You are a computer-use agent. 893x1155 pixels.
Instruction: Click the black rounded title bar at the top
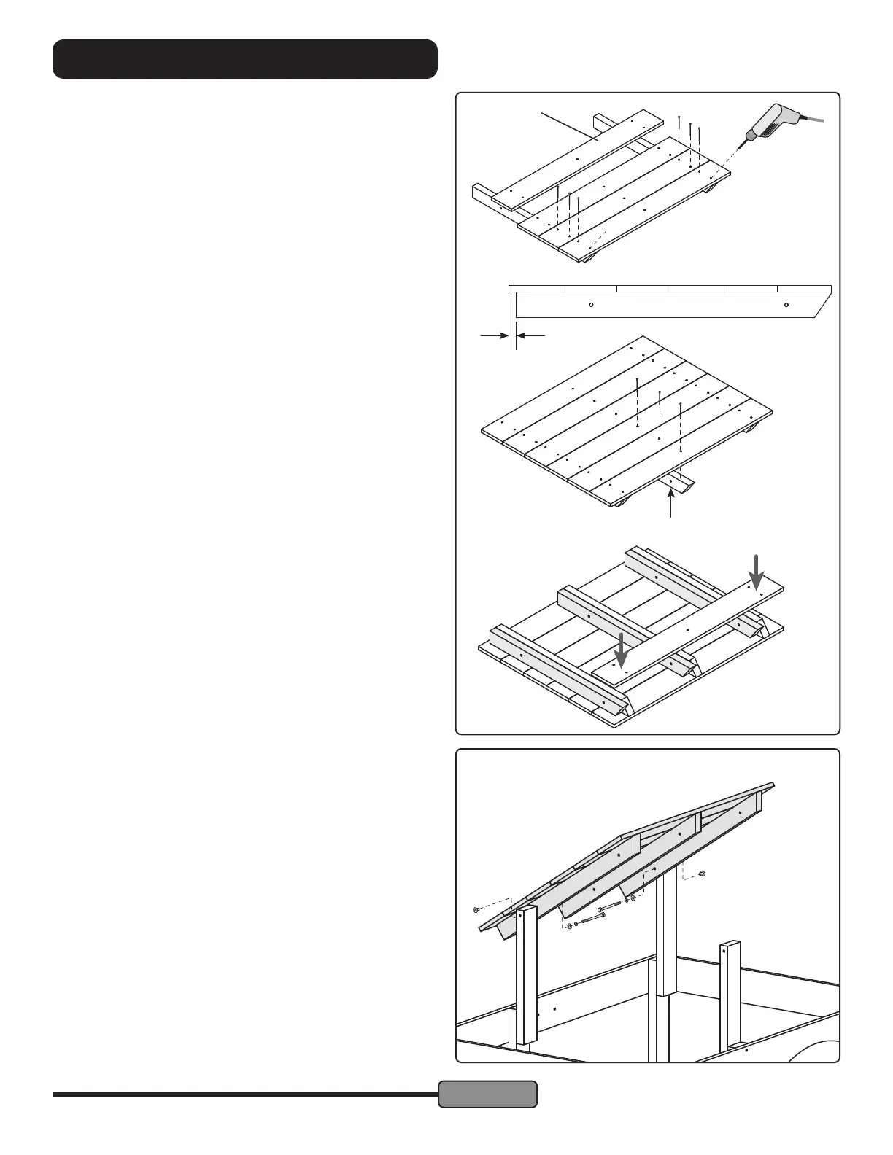245,59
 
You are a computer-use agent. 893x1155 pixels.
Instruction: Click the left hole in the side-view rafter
592,305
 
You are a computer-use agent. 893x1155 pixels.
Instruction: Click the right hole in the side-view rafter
786,305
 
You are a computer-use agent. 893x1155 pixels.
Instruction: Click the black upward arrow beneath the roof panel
672,503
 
